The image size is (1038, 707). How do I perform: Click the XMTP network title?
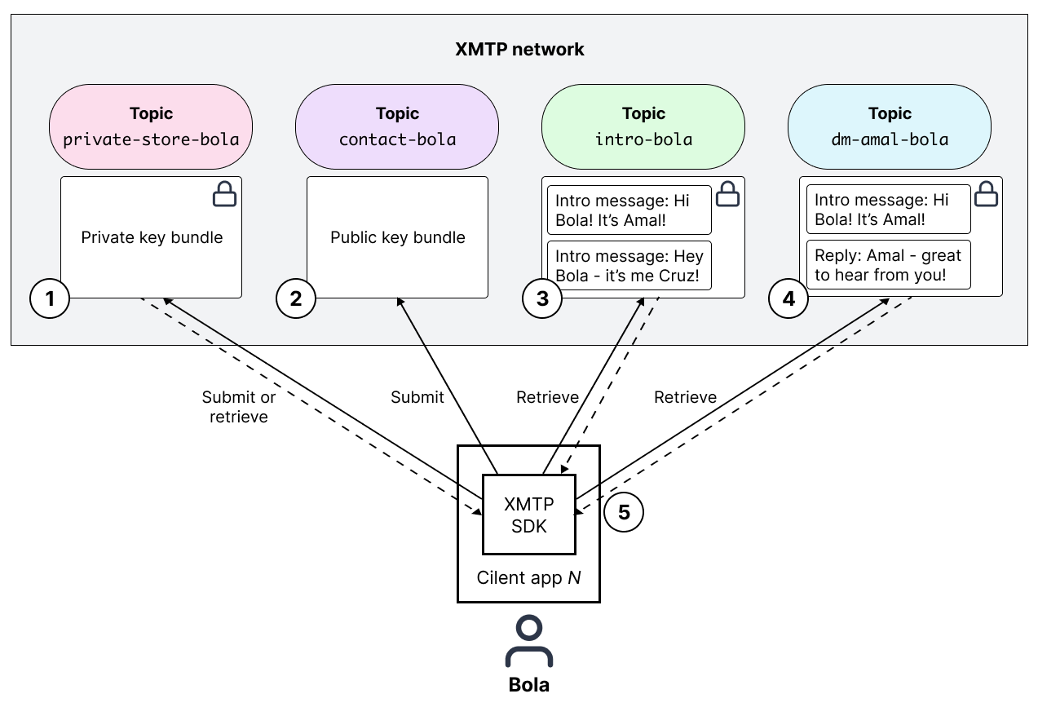click(519, 49)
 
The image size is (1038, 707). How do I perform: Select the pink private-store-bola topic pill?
click(151, 127)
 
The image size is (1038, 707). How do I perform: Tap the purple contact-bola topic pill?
click(397, 127)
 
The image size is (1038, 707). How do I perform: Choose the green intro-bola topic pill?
click(643, 127)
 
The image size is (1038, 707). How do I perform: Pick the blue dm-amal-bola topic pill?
click(890, 127)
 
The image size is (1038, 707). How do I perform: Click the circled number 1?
click(50, 299)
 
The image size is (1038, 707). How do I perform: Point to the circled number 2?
click(296, 299)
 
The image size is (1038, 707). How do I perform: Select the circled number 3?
click(542, 299)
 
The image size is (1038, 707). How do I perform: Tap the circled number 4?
click(788, 299)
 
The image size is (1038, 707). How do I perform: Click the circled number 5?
click(624, 512)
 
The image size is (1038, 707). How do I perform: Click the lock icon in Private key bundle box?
click(224, 194)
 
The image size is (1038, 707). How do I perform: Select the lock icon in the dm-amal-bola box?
click(987, 194)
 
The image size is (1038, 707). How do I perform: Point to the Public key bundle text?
click(397, 237)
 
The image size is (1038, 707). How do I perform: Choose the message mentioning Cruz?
click(629, 265)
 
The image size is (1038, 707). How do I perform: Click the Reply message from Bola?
click(888, 265)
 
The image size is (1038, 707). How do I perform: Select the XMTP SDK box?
click(528, 515)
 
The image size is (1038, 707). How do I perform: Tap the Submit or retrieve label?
click(239, 407)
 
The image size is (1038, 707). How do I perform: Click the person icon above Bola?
click(528, 643)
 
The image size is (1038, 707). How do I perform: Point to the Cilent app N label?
click(528, 577)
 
